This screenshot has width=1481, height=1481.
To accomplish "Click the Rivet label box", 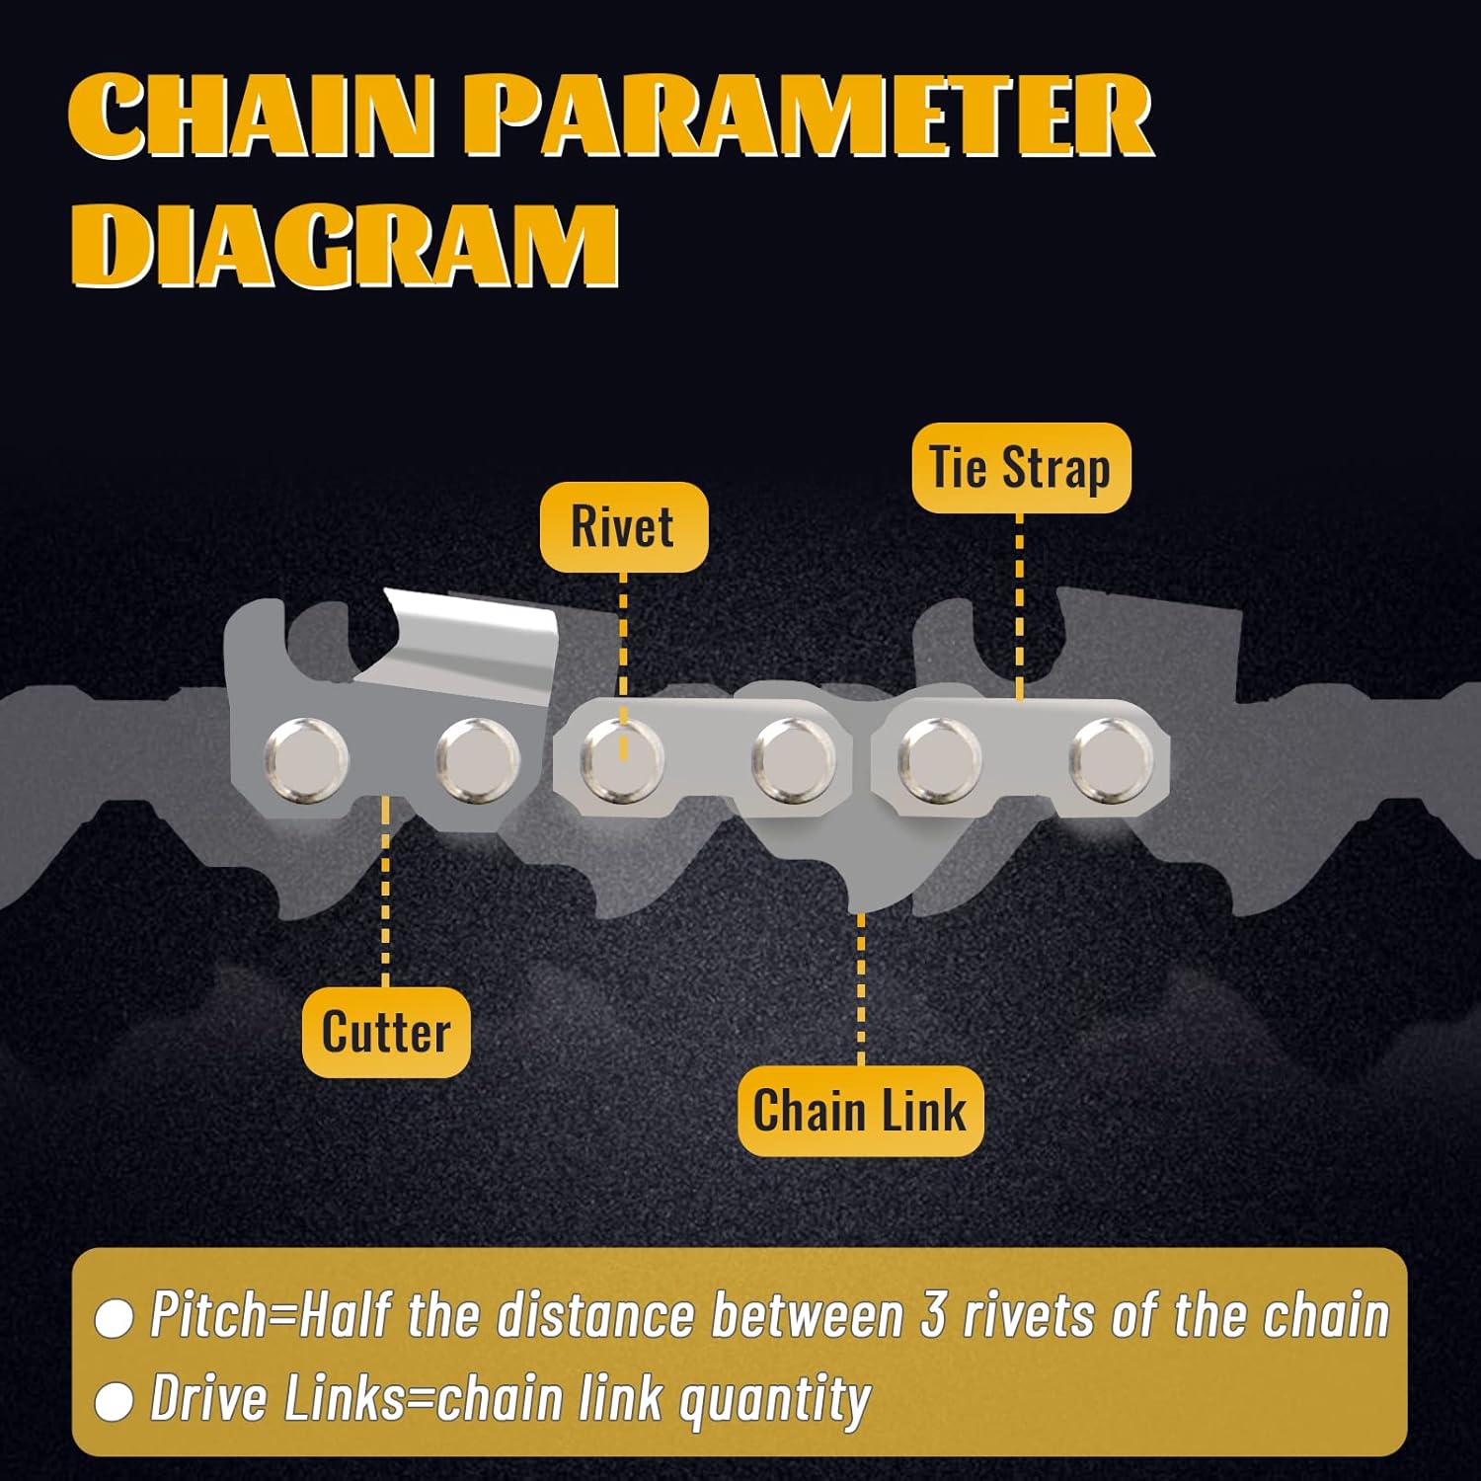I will pos(623,526).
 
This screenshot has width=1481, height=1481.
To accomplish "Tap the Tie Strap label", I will pos(1020,467).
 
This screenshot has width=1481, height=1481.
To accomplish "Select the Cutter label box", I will pos(385,1032).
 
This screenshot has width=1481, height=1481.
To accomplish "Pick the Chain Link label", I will pos(860,1111).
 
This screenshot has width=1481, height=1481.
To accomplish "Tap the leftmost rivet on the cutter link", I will pos(306,758).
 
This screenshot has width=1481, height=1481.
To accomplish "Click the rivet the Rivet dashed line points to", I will pos(622,759).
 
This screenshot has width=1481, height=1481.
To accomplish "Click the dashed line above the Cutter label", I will pos(385,889).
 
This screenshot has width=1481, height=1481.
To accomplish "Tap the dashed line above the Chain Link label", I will pos(861,987).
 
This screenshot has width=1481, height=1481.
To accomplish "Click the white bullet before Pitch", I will pos(114,1319).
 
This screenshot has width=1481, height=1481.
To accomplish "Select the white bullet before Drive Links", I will pos(114,1401).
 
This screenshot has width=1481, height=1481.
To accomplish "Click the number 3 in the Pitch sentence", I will pos(933,1316).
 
